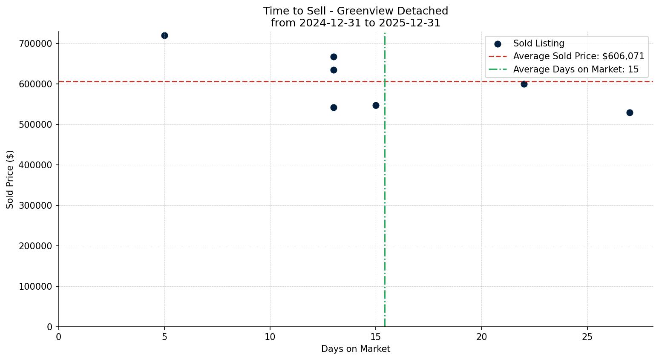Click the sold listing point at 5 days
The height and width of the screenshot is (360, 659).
tap(164, 35)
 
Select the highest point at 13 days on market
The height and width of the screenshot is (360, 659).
tap(334, 57)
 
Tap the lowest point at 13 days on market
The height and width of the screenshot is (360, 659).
tap(334, 107)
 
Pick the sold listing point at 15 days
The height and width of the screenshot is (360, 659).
tap(376, 105)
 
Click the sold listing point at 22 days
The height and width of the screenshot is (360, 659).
tap(524, 84)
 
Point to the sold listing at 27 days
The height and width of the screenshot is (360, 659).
tap(630, 112)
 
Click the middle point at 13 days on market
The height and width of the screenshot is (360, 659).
tap(334, 70)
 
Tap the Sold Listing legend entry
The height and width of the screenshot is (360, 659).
tap(538, 43)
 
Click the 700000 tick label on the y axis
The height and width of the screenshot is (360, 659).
tap(36, 44)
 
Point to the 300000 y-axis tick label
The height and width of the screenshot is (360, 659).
tap(36, 206)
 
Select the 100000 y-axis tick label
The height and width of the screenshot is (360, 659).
tap(36, 287)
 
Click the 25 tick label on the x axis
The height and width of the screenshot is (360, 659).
tap(587, 337)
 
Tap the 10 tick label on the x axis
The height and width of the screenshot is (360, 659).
tap(270, 337)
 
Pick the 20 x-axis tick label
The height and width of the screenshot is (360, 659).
tap(481, 337)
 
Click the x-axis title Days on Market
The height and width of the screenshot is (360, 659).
tap(356, 349)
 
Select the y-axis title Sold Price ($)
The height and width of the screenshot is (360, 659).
tap(10, 179)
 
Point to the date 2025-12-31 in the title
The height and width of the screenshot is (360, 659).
tap(412, 23)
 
